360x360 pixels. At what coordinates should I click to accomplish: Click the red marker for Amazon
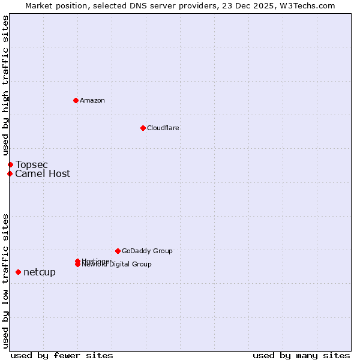point(76,100)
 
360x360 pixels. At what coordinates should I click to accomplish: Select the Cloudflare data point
point(143,128)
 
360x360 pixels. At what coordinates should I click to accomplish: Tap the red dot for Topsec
point(10,164)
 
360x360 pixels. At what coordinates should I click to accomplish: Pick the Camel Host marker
point(10,174)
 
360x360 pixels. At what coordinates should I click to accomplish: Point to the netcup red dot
point(18,272)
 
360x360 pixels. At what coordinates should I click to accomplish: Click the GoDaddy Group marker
point(118,251)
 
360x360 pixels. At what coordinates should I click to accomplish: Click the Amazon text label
point(92,100)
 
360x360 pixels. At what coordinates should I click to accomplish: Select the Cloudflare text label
point(163,128)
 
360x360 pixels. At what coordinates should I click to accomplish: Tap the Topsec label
point(32,164)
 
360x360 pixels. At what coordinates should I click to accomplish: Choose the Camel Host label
point(43,174)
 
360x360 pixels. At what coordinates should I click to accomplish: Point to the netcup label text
point(40,272)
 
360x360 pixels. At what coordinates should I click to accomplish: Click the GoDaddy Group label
point(147,251)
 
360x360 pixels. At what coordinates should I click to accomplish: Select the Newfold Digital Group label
point(118,265)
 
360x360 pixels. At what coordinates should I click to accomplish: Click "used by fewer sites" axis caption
point(62,355)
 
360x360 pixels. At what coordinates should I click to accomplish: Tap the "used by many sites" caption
point(301,355)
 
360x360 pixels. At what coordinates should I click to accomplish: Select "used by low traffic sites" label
point(6,281)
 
